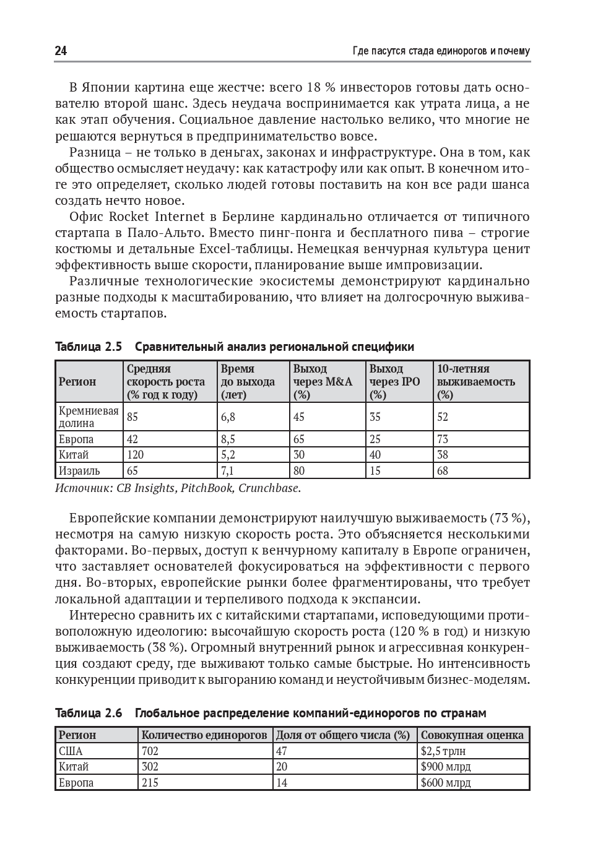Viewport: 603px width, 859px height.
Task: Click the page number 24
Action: point(61,51)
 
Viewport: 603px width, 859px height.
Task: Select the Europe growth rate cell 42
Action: point(132,439)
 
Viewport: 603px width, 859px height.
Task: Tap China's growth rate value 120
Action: point(135,455)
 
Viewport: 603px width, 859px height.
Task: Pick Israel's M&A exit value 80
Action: point(299,471)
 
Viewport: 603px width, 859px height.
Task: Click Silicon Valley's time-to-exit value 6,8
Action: point(228,417)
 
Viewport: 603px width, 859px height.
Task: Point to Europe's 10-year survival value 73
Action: point(443,439)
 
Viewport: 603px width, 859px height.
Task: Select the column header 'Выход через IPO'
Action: point(394,382)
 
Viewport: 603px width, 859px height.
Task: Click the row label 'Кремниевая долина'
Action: point(88,417)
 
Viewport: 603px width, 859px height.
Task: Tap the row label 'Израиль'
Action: point(79,471)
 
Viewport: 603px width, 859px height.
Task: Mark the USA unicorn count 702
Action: point(150,751)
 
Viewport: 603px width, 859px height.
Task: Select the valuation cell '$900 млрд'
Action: point(445,767)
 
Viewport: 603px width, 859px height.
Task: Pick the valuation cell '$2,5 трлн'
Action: point(443,751)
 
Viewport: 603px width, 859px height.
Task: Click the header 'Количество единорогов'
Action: point(204,735)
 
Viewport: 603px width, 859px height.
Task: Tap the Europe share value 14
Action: point(282,783)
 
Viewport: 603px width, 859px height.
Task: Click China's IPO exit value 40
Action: point(375,455)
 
